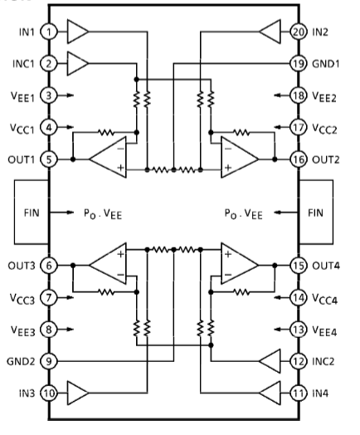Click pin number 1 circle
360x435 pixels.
[49, 32]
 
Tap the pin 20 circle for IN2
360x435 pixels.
[299, 32]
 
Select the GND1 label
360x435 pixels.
[326, 64]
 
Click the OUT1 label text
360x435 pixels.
[22, 159]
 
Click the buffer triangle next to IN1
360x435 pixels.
[77, 32]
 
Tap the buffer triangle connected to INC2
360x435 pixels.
[270, 361]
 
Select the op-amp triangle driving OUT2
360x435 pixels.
[240, 157]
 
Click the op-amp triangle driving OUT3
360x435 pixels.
[108, 264]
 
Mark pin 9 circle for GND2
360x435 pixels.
[49, 361]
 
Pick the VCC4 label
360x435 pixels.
[325, 299]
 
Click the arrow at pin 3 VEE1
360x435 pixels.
[66, 95]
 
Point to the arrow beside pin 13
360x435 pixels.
[282, 330]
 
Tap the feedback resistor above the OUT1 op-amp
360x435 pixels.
[106, 133]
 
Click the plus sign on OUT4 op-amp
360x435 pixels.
[228, 254]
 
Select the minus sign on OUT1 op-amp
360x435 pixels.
[120, 149]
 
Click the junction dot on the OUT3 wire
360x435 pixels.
[73, 266]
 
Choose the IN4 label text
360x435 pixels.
[320, 393]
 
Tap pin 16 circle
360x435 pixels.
[299, 159]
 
